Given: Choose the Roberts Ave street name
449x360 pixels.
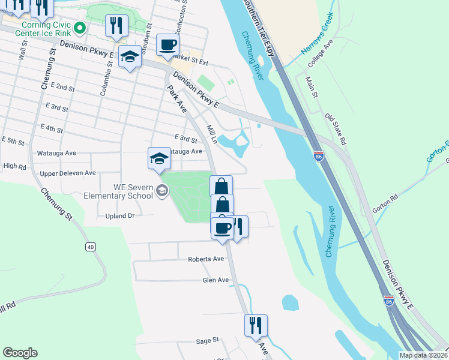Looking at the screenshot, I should tap(206, 259).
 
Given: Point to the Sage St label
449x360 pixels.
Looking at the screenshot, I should tap(207, 341).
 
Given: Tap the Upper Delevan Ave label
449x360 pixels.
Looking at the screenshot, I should tap(68, 173).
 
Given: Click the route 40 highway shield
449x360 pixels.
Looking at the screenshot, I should tap(91, 247).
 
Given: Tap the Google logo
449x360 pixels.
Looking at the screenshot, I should tap(20, 353).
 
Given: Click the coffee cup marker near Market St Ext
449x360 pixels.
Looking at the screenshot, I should tap(167, 45).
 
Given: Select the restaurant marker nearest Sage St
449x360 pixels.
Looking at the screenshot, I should tap(256, 326).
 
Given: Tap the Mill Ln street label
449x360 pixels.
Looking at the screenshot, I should tap(212, 134).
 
